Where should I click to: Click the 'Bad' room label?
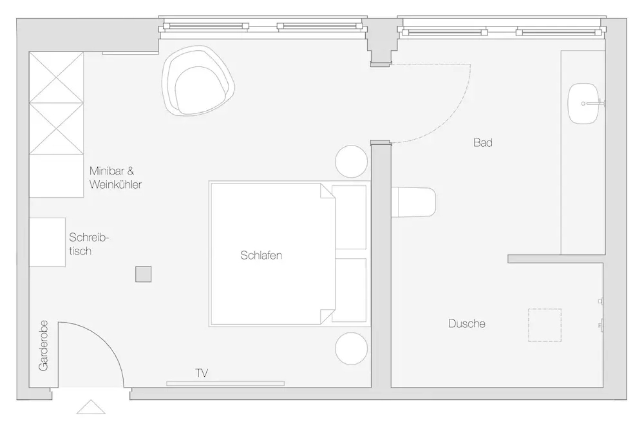(x=483, y=143)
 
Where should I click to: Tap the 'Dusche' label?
(x=466, y=324)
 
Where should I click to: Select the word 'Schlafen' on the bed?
(x=261, y=255)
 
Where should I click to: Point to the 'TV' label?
(x=202, y=373)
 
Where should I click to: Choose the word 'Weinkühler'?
(x=115, y=184)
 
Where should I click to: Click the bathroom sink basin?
(x=584, y=104)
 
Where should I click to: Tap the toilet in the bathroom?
(x=414, y=202)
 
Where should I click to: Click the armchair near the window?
(x=198, y=81)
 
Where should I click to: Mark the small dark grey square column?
(x=144, y=274)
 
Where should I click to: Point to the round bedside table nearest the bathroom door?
(x=351, y=161)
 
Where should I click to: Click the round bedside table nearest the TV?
(x=351, y=348)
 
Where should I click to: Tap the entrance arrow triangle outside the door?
(x=91, y=407)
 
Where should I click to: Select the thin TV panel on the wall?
(x=225, y=383)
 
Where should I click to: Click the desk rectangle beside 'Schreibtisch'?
(x=47, y=242)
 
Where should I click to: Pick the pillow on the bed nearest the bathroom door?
(x=349, y=217)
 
